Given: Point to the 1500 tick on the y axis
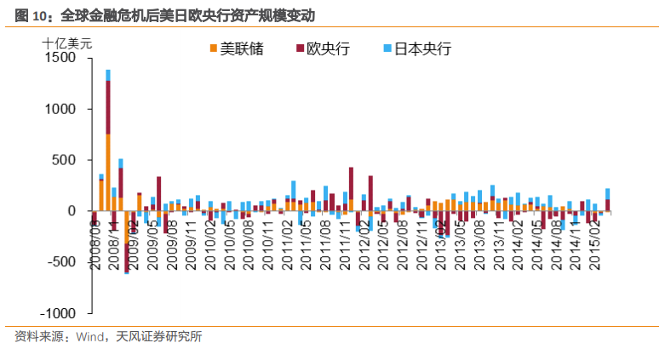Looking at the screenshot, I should pyautogui.click(x=61, y=58).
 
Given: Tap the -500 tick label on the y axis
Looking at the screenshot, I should pyautogui.click(x=63, y=262).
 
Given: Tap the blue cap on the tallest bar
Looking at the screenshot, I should pyautogui.click(x=108, y=75).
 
